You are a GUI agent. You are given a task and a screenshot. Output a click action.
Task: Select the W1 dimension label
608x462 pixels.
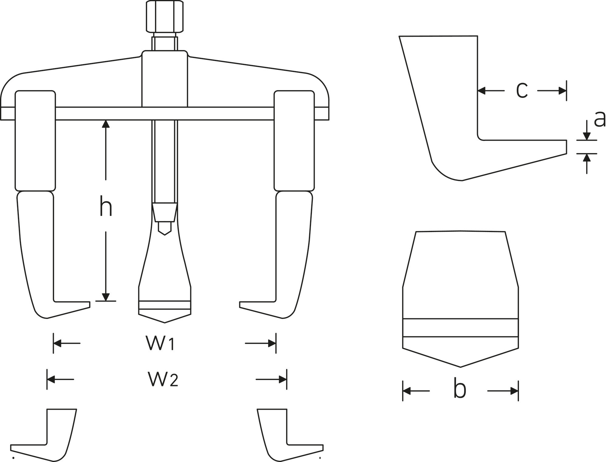click(x=160, y=343)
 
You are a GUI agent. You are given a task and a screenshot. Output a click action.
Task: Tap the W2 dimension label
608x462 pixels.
click(x=163, y=379)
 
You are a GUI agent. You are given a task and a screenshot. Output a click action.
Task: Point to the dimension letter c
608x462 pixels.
click(x=522, y=91)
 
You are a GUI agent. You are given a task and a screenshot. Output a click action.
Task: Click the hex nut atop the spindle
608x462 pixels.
click(x=165, y=16)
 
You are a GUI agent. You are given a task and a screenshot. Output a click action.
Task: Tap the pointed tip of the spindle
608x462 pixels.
click(x=165, y=235)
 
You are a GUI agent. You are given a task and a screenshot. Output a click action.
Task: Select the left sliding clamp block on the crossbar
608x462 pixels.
click(x=35, y=141)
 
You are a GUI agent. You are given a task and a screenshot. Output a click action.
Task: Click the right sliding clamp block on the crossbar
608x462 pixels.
click(x=294, y=141)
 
